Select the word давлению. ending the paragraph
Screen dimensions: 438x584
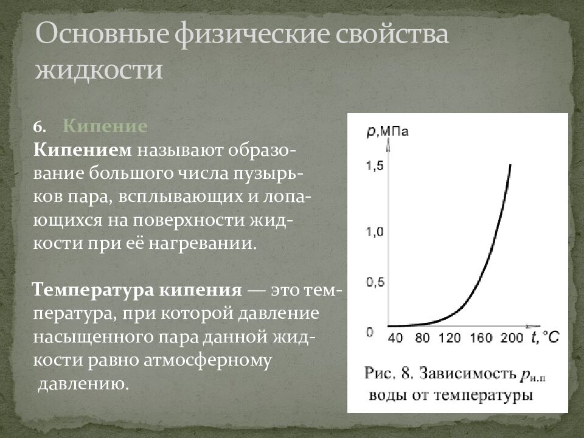point(84,384)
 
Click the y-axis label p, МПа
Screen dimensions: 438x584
point(387,131)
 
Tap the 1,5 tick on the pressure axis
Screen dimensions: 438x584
point(374,165)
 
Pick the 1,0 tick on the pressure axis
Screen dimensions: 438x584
point(374,232)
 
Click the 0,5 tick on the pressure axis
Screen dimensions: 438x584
point(374,282)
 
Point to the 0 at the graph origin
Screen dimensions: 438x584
point(369,332)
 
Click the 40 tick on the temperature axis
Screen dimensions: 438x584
point(395,338)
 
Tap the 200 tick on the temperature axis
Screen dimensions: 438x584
point(512,338)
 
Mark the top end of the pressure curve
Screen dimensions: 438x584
point(510,164)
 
